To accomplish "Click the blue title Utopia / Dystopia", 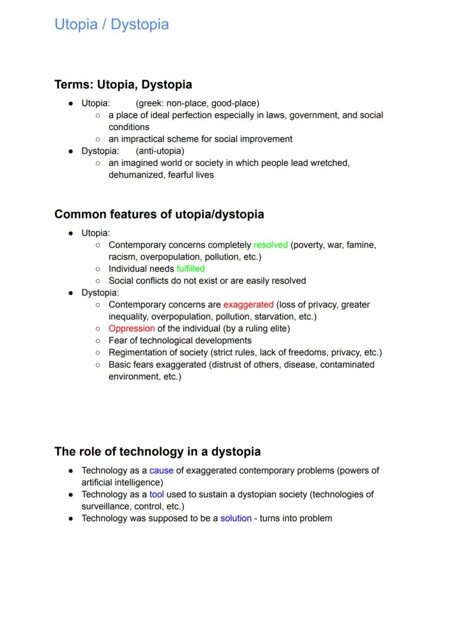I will click(x=111, y=24).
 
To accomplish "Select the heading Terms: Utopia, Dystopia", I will click(x=123, y=85).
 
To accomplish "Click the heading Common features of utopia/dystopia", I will click(x=159, y=214).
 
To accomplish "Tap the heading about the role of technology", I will click(x=158, y=451).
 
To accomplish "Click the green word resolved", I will click(x=270, y=245).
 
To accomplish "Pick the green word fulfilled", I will click(x=190, y=269).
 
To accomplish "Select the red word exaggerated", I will click(x=248, y=305).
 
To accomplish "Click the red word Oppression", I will click(x=132, y=329).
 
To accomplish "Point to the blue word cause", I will click(x=161, y=470).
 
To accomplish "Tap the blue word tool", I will click(x=157, y=494).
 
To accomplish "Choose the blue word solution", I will click(x=236, y=518).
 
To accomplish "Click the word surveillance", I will click(x=105, y=506).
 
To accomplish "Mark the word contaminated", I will click(x=347, y=364).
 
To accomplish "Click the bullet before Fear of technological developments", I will click(x=97, y=341).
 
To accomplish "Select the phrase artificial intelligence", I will click(x=122, y=482).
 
